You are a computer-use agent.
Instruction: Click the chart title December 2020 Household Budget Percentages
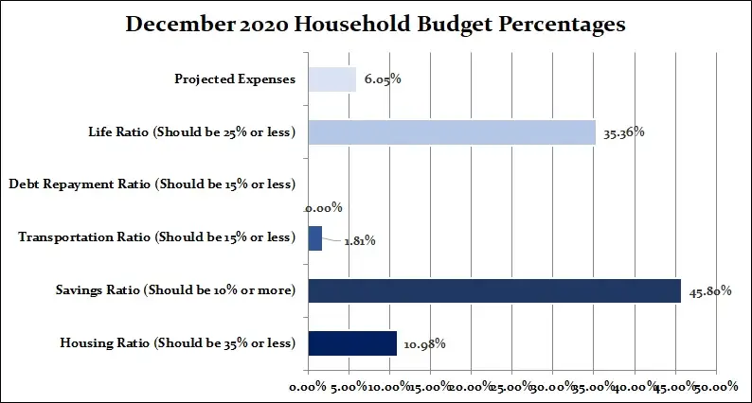(x=375, y=26)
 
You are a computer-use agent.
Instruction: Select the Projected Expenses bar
(x=331, y=79)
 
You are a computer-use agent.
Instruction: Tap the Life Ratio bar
(x=452, y=131)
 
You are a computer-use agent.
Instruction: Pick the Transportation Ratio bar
(x=314, y=237)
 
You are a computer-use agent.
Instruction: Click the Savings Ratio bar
(x=494, y=290)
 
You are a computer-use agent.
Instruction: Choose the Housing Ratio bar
(x=352, y=342)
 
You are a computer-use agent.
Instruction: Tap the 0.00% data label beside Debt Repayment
(x=323, y=207)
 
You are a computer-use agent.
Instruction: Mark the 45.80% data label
(x=708, y=291)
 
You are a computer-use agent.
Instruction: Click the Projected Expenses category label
(x=235, y=79)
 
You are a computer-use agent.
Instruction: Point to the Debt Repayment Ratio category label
(x=151, y=184)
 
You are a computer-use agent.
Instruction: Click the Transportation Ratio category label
(x=156, y=237)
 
